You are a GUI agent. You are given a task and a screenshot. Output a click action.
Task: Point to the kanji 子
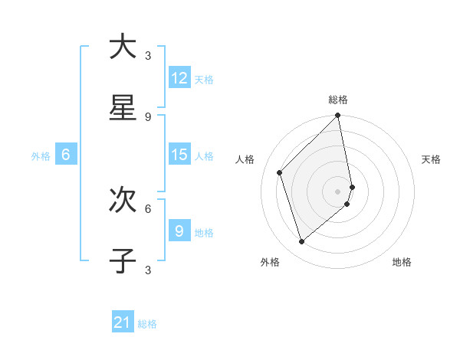click(123, 260)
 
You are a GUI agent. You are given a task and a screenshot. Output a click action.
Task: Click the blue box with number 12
click(179, 78)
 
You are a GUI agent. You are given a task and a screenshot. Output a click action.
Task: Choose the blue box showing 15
click(179, 155)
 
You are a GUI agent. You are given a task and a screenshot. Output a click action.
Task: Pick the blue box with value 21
click(123, 323)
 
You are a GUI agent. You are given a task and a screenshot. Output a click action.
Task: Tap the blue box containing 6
click(66, 155)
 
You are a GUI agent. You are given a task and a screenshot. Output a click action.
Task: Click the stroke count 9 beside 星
click(148, 116)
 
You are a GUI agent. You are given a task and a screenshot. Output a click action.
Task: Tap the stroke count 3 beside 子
click(148, 270)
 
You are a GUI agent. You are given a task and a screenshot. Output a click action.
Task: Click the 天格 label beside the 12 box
click(203, 80)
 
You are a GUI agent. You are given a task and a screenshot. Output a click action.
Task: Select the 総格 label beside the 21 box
click(147, 325)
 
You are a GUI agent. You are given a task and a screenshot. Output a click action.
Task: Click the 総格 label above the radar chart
click(338, 100)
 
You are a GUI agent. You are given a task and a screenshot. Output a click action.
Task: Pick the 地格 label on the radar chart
click(402, 262)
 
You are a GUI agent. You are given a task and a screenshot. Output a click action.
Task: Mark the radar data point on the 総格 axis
click(338, 116)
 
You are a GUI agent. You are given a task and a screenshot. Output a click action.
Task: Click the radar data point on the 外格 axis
click(302, 242)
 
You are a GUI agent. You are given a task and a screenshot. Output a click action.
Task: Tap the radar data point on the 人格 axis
click(280, 172)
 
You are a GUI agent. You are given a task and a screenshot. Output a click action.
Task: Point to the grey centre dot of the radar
click(338, 191)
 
